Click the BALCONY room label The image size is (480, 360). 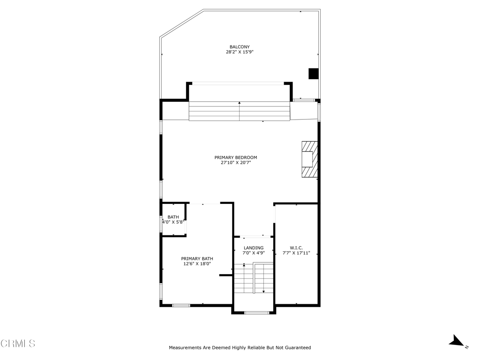(239, 47)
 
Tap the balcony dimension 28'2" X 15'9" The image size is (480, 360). (240, 52)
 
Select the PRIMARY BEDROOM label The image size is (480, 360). (236, 157)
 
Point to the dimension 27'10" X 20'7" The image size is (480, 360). (236, 163)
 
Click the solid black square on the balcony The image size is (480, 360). (313, 74)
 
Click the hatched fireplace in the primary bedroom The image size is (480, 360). (309, 159)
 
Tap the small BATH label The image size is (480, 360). (173, 217)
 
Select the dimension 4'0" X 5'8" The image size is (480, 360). (173, 222)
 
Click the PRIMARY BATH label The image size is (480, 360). (197, 259)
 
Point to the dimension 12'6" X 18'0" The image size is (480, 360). (197, 264)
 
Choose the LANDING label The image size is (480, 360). (254, 248)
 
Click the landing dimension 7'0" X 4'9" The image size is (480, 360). (254, 253)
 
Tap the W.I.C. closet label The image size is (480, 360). (296, 248)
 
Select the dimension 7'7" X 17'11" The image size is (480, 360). (296, 253)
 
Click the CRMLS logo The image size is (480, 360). (18, 344)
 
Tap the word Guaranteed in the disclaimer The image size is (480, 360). (296, 348)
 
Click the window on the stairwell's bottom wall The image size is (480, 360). (256, 312)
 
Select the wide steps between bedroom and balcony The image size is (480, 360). (239, 111)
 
